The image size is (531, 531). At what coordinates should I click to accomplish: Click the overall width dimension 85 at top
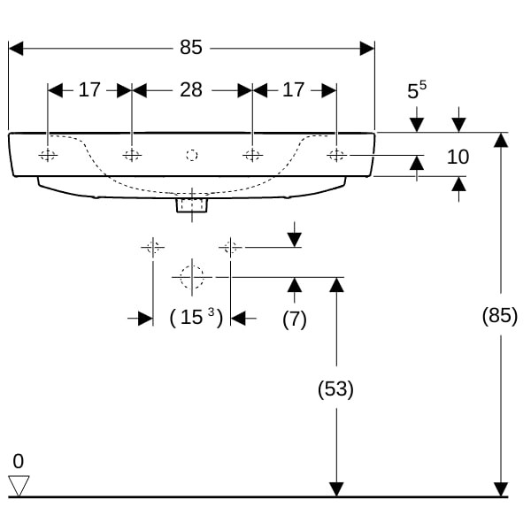tap(191, 48)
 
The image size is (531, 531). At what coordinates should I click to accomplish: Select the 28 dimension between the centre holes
tap(191, 89)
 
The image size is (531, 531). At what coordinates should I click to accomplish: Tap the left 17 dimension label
tap(89, 89)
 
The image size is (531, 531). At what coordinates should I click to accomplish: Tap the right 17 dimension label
tap(293, 89)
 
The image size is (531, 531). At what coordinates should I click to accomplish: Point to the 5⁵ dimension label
tap(417, 90)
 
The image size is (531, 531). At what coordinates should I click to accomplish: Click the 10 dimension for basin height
tap(458, 158)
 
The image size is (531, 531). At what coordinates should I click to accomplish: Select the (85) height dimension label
tap(500, 314)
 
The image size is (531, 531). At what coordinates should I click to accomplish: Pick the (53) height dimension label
tap(335, 389)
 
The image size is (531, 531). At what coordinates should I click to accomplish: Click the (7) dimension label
tap(294, 319)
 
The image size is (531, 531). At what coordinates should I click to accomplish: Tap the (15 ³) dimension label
tap(194, 318)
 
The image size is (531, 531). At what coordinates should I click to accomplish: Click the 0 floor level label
tap(19, 461)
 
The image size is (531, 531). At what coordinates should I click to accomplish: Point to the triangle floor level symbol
tap(19, 485)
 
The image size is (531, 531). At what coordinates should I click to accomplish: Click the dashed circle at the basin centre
tap(191, 156)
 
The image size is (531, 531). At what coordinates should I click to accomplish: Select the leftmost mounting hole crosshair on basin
tap(48, 156)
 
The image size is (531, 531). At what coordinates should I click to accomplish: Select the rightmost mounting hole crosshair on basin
tap(336, 156)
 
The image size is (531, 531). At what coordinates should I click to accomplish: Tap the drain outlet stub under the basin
tap(191, 204)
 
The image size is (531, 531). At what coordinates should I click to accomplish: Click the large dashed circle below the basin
tap(191, 277)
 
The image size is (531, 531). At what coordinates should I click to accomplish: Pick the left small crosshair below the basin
tap(153, 247)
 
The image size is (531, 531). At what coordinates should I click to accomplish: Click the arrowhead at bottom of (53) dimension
tap(335, 489)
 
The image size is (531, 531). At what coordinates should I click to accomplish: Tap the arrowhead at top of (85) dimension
tap(501, 140)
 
